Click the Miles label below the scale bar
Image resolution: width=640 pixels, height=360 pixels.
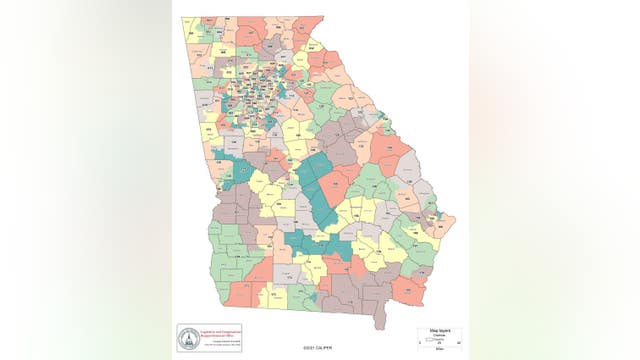pos(438,349)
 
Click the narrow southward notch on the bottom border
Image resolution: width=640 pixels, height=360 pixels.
pos(379,318)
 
